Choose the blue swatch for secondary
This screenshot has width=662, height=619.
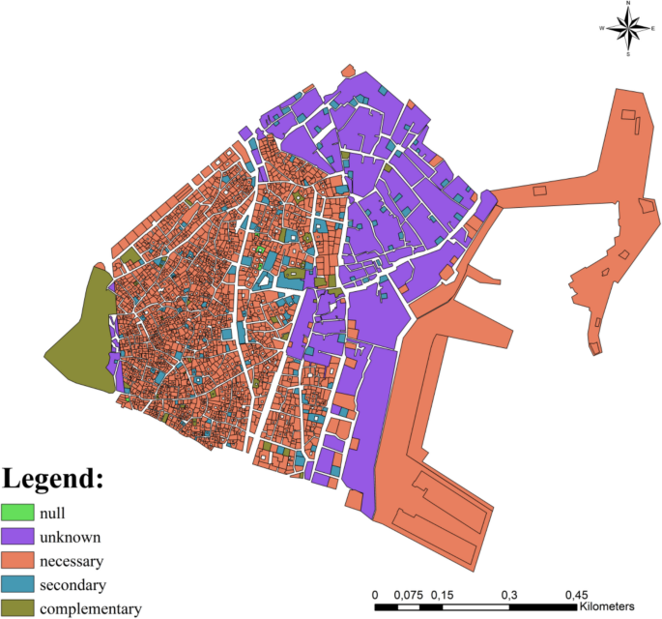click(16, 585)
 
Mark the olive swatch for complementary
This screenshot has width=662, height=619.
click(16, 609)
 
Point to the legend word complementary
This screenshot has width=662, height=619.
click(91, 609)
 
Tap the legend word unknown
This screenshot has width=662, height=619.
click(70, 537)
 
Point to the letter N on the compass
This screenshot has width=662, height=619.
click(628, 4)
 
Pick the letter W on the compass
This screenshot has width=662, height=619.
click(602, 29)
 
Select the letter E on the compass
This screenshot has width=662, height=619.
click(653, 29)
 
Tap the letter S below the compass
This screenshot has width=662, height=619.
click(628, 54)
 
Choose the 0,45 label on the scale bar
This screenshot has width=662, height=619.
click(577, 594)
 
